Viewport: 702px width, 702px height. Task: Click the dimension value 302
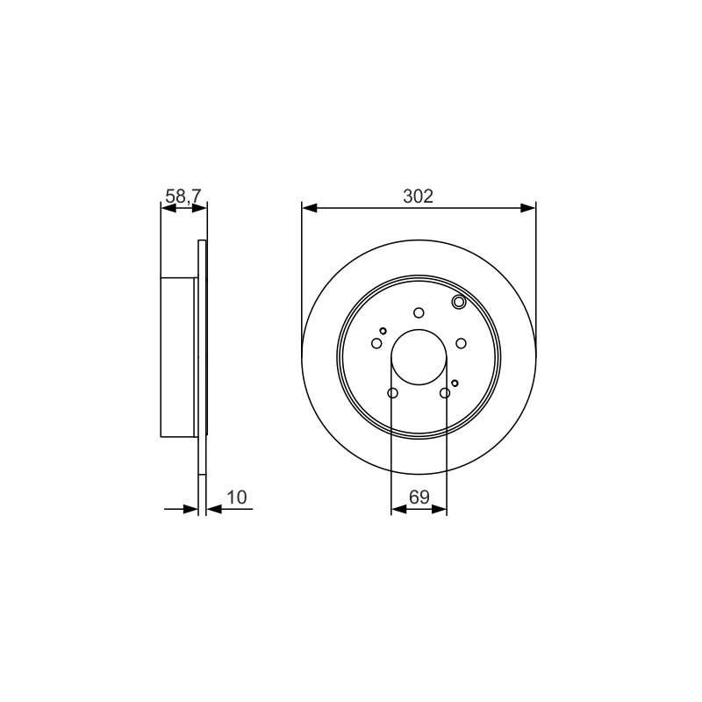point(419,197)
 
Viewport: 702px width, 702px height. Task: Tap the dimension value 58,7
point(184,196)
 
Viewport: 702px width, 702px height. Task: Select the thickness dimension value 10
point(237,497)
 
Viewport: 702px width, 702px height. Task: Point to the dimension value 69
point(419,497)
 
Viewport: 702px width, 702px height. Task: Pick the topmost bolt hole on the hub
point(419,312)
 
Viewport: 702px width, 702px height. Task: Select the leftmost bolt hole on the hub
point(376,343)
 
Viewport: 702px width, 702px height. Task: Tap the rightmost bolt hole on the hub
point(462,343)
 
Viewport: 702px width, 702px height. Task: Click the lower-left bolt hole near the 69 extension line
point(392,393)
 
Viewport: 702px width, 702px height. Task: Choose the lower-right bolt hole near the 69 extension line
point(445,393)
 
